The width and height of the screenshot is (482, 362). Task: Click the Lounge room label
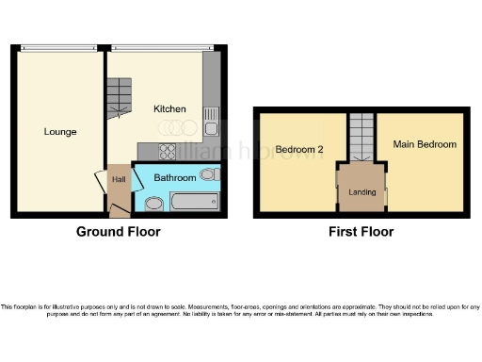point(59,131)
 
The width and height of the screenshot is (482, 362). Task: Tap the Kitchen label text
point(170,109)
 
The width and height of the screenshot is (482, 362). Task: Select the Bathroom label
point(175,177)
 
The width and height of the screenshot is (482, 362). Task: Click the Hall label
point(119,179)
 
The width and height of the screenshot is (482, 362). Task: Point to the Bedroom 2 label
point(299,150)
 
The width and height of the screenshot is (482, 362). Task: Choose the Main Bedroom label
point(425,144)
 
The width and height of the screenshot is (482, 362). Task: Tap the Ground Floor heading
point(118,232)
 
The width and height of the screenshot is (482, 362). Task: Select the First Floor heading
point(361,232)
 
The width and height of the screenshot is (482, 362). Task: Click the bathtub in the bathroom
point(194,201)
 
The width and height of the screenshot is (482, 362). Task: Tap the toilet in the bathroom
point(210,174)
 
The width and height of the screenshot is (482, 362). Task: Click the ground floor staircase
point(119,97)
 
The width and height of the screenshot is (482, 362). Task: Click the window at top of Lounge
point(58,48)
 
